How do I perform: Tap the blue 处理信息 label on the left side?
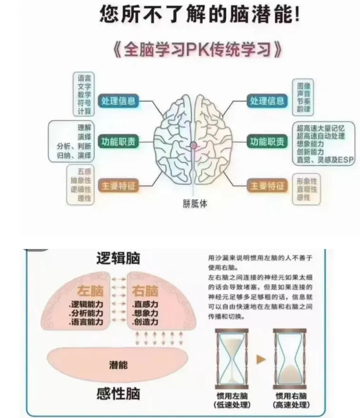pyautogui.click(x=118, y=101)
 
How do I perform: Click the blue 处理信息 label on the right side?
pyautogui.click(x=268, y=101)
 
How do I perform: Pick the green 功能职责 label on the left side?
pyautogui.click(x=118, y=141)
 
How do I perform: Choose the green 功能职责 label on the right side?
pyautogui.click(x=268, y=141)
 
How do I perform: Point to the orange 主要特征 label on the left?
pyautogui.click(x=118, y=186)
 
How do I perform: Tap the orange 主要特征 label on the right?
pyautogui.click(x=268, y=186)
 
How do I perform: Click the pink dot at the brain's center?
pyautogui.click(x=194, y=145)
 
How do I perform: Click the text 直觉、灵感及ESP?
pyautogui.click(x=325, y=160)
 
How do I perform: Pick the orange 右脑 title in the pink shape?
pyautogui.click(x=145, y=290)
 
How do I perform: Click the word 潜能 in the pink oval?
pyautogui.click(x=118, y=366)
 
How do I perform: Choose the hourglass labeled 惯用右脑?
pyautogui.click(x=290, y=359)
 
